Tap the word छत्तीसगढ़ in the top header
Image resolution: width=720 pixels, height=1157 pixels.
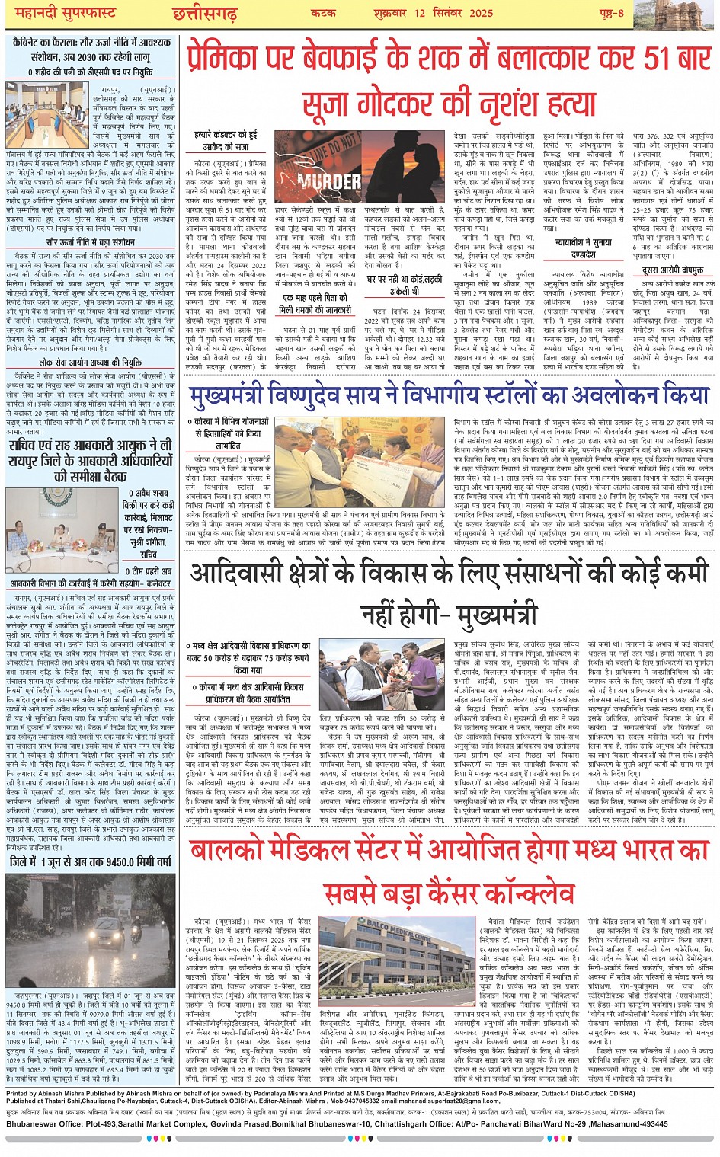point(204,14)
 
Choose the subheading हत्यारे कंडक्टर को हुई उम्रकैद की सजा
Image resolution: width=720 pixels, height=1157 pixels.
point(225,141)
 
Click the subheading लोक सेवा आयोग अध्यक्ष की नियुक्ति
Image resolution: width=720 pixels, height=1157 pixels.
point(90,363)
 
